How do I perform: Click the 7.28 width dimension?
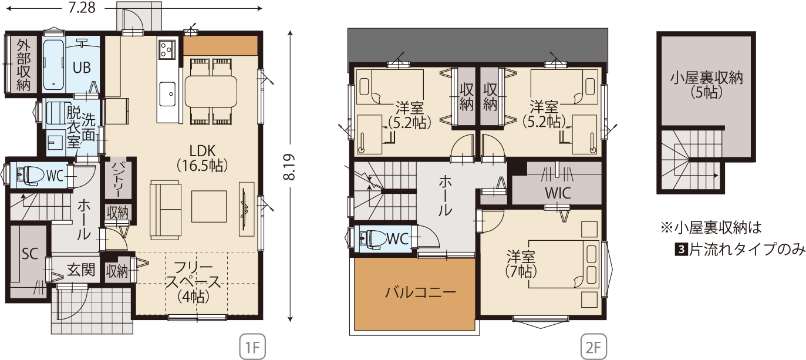pos(82,8)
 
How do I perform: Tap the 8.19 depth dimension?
pos(289,167)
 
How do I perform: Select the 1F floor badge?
pos(252,347)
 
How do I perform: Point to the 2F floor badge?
pos(593,347)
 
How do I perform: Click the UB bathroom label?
pos(82,68)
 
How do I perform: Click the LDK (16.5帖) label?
pos(203,158)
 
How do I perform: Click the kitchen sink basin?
pos(167,94)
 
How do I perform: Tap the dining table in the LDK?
pos(211,92)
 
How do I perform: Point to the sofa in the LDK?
pos(165,210)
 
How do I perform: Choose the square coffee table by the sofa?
pos(209,206)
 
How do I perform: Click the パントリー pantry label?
pos(117,179)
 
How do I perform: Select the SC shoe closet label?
pos(30,254)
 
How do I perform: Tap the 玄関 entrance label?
pos(81,270)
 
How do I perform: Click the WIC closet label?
pos(558,193)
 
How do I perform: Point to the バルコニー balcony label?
pos(420,292)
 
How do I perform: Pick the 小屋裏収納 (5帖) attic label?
pos(706,85)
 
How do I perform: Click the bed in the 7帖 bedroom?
pos(564,264)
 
